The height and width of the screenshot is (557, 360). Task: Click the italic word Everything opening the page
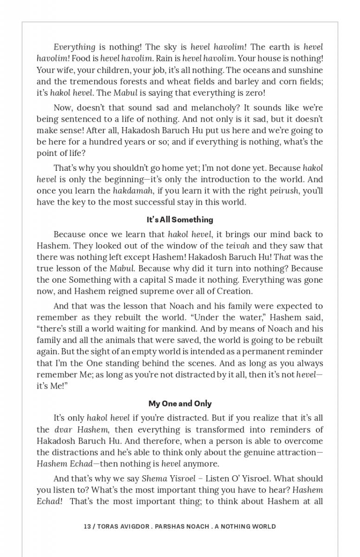tap(74, 47)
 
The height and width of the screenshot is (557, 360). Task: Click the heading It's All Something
tap(180, 220)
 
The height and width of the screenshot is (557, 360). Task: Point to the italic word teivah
tap(238, 246)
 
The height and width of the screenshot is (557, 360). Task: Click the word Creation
tap(235, 291)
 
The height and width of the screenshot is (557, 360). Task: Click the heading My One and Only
tap(180, 403)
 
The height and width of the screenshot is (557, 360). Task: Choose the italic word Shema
tap(153, 479)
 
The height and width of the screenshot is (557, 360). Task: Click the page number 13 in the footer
tap(87, 526)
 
